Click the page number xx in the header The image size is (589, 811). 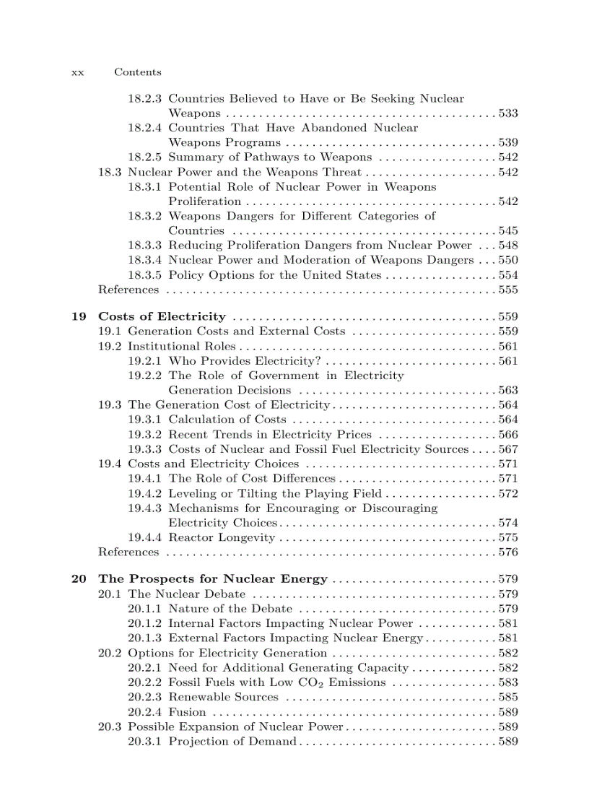[x=77, y=72]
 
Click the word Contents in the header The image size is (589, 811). [x=138, y=72]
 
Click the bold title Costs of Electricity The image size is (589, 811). [x=162, y=316]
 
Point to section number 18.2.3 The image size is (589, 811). [x=145, y=98]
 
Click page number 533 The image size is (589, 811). [x=508, y=113]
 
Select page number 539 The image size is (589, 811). [x=508, y=142]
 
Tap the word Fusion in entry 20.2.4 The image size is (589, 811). [x=187, y=712]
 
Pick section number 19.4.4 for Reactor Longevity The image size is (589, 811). [x=145, y=537]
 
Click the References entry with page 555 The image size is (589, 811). [x=128, y=290]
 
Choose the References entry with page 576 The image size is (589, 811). [x=128, y=552]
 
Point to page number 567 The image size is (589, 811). [x=508, y=449]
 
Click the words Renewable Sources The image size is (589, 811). [x=223, y=697]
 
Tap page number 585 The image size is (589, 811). [x=508, y=697]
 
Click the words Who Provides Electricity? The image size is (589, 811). [x=245, y=360]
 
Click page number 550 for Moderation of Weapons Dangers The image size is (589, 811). [x=508, y=260]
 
